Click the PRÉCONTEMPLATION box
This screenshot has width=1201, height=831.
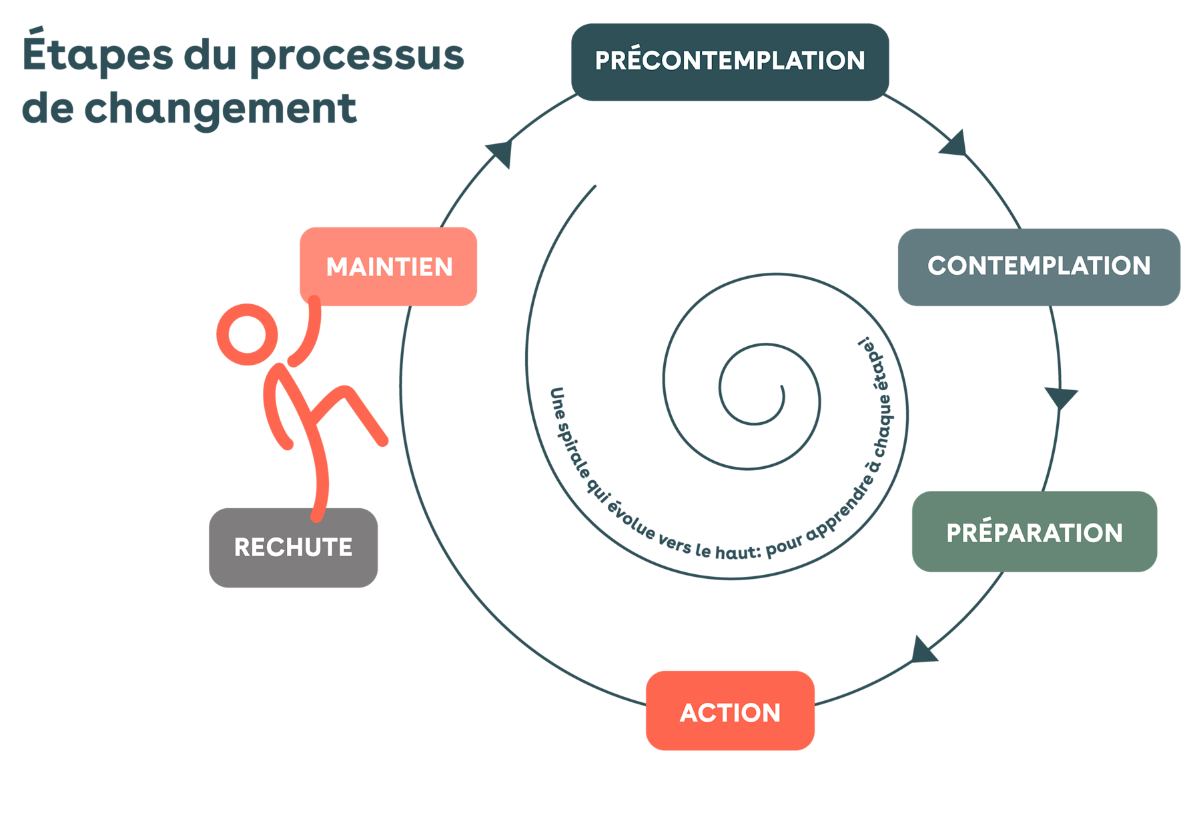click(x=730, y=61)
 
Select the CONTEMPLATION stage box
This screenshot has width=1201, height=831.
click(x=1038, y=267)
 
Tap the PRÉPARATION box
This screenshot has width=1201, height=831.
click(x=1034, y=532)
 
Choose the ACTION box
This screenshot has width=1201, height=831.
click(x=730, y=711)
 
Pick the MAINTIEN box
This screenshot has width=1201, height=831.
click(x=388, y=267)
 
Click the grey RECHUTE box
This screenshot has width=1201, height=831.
click(x=294, y=548)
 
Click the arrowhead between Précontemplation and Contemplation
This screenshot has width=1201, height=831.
click(x=954, y=144)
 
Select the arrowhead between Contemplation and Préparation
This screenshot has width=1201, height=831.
click(x=1060, y=397)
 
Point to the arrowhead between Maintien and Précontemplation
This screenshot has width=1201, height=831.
click(x=501, y=153)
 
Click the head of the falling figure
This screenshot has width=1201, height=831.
click(x=248, y=335)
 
